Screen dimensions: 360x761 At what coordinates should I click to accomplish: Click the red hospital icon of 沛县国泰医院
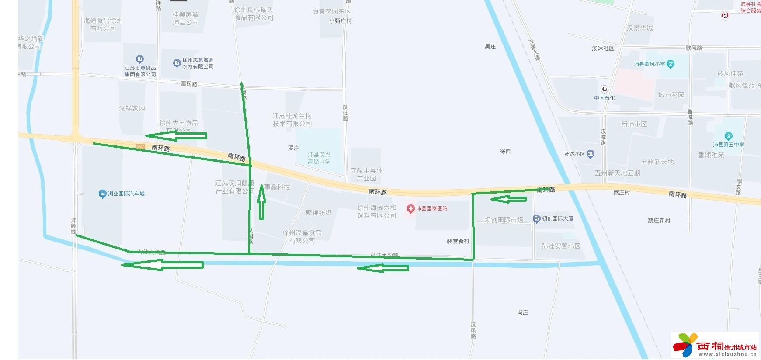(410, 209)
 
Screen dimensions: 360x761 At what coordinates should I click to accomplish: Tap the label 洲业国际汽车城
(126, 194)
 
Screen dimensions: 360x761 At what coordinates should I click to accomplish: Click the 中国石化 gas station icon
(605, 89)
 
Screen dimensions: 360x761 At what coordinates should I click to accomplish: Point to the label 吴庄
(490, 47)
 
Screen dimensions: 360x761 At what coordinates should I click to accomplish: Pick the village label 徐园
(506, 151)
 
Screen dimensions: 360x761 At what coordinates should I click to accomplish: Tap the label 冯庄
(523, 312)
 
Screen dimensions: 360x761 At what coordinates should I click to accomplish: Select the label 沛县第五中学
(728, 145)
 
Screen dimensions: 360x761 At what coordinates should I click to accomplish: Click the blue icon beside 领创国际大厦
(537, 218)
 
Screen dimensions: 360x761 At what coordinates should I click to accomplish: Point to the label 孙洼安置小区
(561, 246)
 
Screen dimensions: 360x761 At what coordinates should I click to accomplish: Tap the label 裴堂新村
(458, 241)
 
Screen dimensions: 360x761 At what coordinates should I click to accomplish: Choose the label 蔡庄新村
(659, 221)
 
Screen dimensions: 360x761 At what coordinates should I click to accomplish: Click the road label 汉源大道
(534, 50)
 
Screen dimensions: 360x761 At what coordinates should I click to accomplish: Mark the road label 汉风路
(473, 330)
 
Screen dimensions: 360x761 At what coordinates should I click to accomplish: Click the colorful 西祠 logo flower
(685, 345)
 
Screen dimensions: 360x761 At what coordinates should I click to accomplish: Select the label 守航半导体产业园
(366, 174)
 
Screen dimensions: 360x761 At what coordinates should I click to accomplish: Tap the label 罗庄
(294, 148)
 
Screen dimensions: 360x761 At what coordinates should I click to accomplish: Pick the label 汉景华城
(639, 28)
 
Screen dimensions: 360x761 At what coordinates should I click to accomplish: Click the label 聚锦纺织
(318, 213)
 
